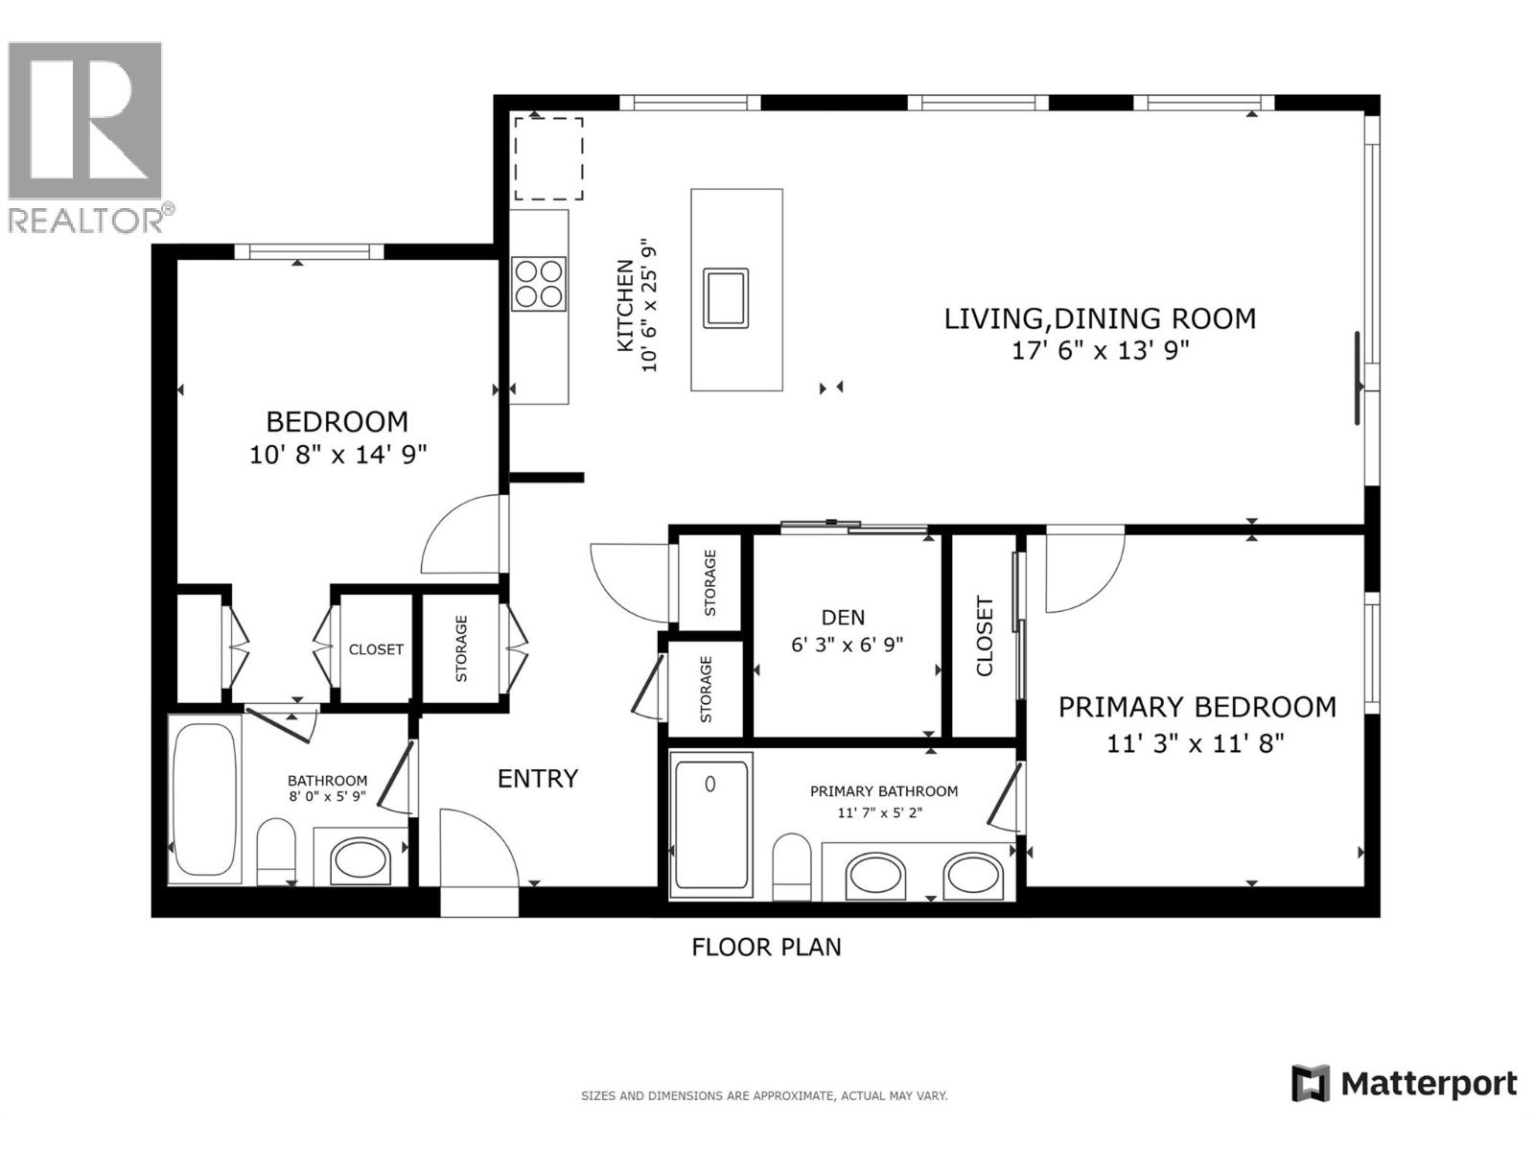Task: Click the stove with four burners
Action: (538, 284)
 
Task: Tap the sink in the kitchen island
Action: (726, 298)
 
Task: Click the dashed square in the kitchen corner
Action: (548, 159)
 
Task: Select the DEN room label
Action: (843, 618)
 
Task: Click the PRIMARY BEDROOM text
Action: (1197, 708)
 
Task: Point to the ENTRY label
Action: (537, 779)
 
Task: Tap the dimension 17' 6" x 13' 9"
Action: (1100, 351)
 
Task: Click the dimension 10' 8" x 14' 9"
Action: (337, 455)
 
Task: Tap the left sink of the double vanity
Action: (874, 878)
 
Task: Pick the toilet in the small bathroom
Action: (277, 849)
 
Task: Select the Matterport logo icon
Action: (1311, 1084)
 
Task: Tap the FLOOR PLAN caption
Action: (766, 948)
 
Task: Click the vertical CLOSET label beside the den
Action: (985, 637)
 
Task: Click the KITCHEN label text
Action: (624, 305)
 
